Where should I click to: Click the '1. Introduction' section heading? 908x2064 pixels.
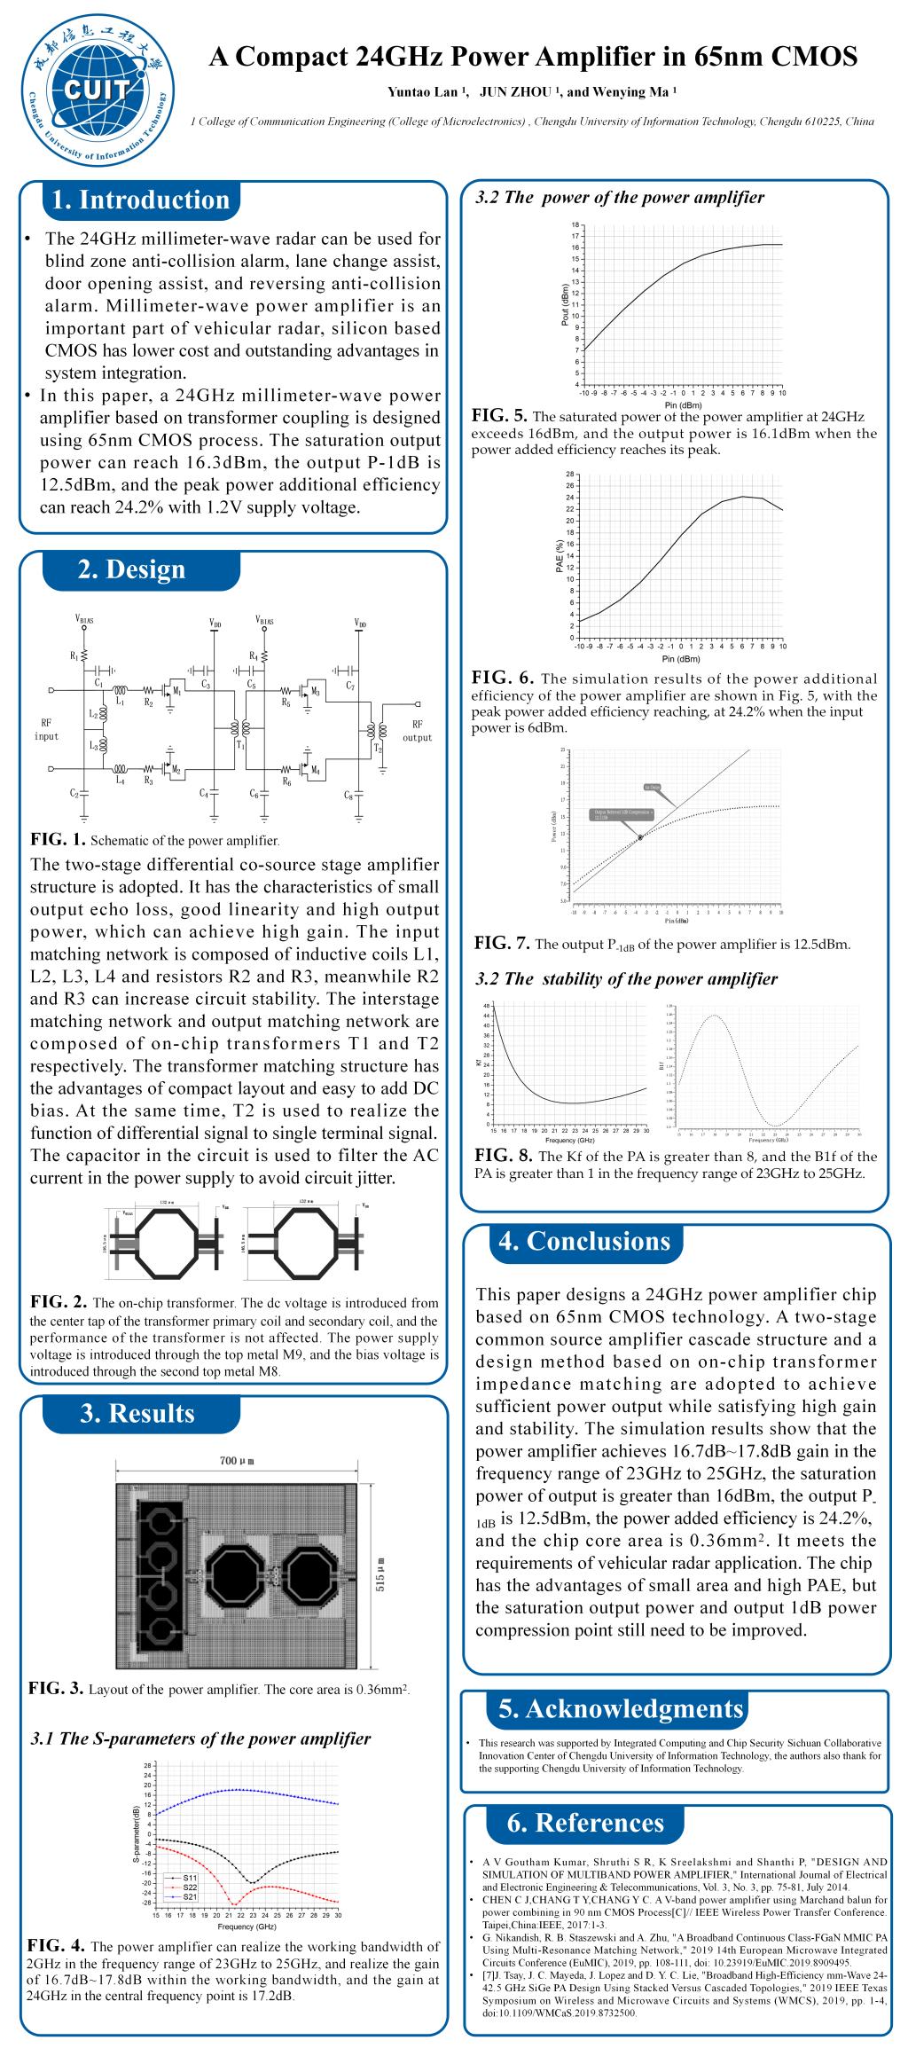140,200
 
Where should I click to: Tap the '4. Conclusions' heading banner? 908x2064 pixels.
584,1240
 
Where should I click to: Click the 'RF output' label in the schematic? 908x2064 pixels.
417,731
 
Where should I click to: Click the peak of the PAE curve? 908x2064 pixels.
743,496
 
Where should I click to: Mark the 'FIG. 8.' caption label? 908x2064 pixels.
503,1157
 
